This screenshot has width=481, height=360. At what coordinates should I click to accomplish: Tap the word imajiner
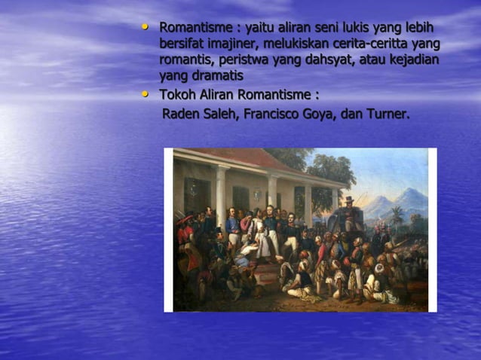coord(240,44)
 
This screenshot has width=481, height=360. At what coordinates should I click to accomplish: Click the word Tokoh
coord(176,96)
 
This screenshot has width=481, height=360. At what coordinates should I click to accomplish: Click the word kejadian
coord(413,60)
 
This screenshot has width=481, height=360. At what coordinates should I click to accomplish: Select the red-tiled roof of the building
coord(249,158)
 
